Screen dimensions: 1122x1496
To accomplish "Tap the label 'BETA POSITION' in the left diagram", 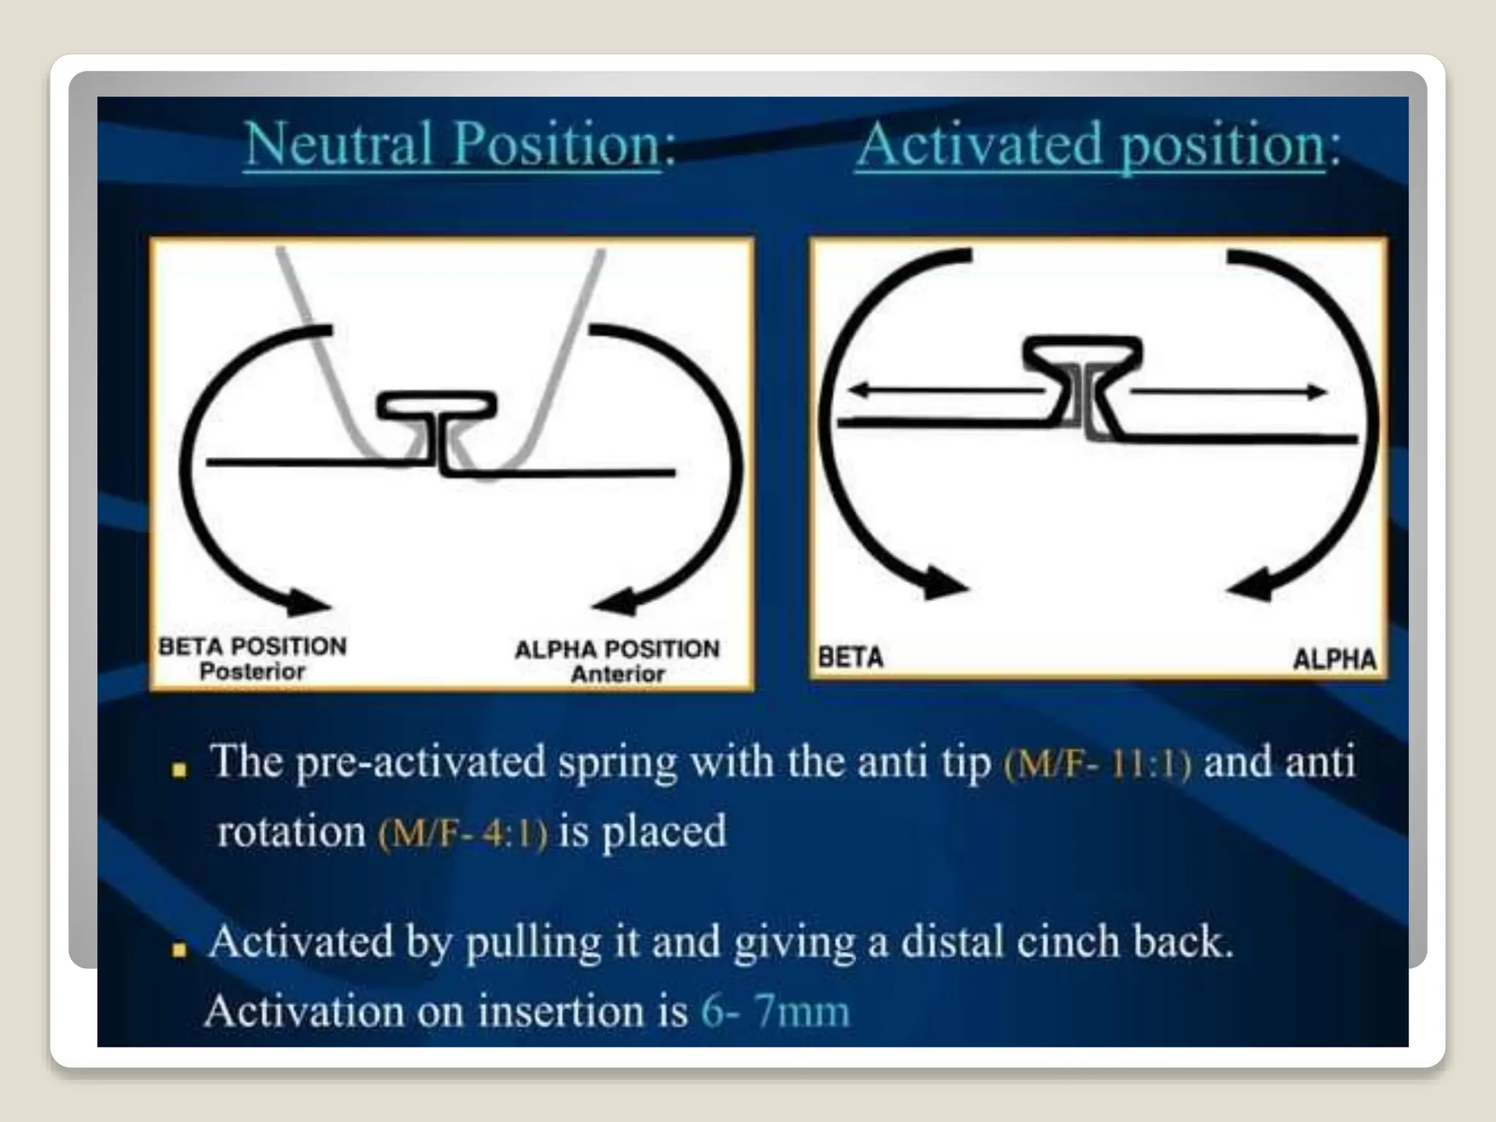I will [x=253, y=646].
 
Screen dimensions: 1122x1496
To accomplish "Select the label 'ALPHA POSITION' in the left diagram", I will [x=617, y=649].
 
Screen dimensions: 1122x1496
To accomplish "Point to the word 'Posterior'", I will [x=252, y=671].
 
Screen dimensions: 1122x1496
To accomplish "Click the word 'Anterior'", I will [x=618, y=673].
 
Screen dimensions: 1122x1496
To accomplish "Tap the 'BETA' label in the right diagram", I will [x=850, y=657].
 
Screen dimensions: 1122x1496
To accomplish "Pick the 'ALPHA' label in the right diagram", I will [x=1335, y=660].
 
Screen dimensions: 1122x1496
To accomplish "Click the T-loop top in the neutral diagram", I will [x=437, y=405].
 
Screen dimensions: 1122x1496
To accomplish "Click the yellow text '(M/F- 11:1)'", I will [x=1097, y=764].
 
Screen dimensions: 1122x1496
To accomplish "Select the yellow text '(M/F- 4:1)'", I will [x=463, y=833].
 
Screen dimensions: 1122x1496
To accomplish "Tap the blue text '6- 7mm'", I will [x=776, y=1012].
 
